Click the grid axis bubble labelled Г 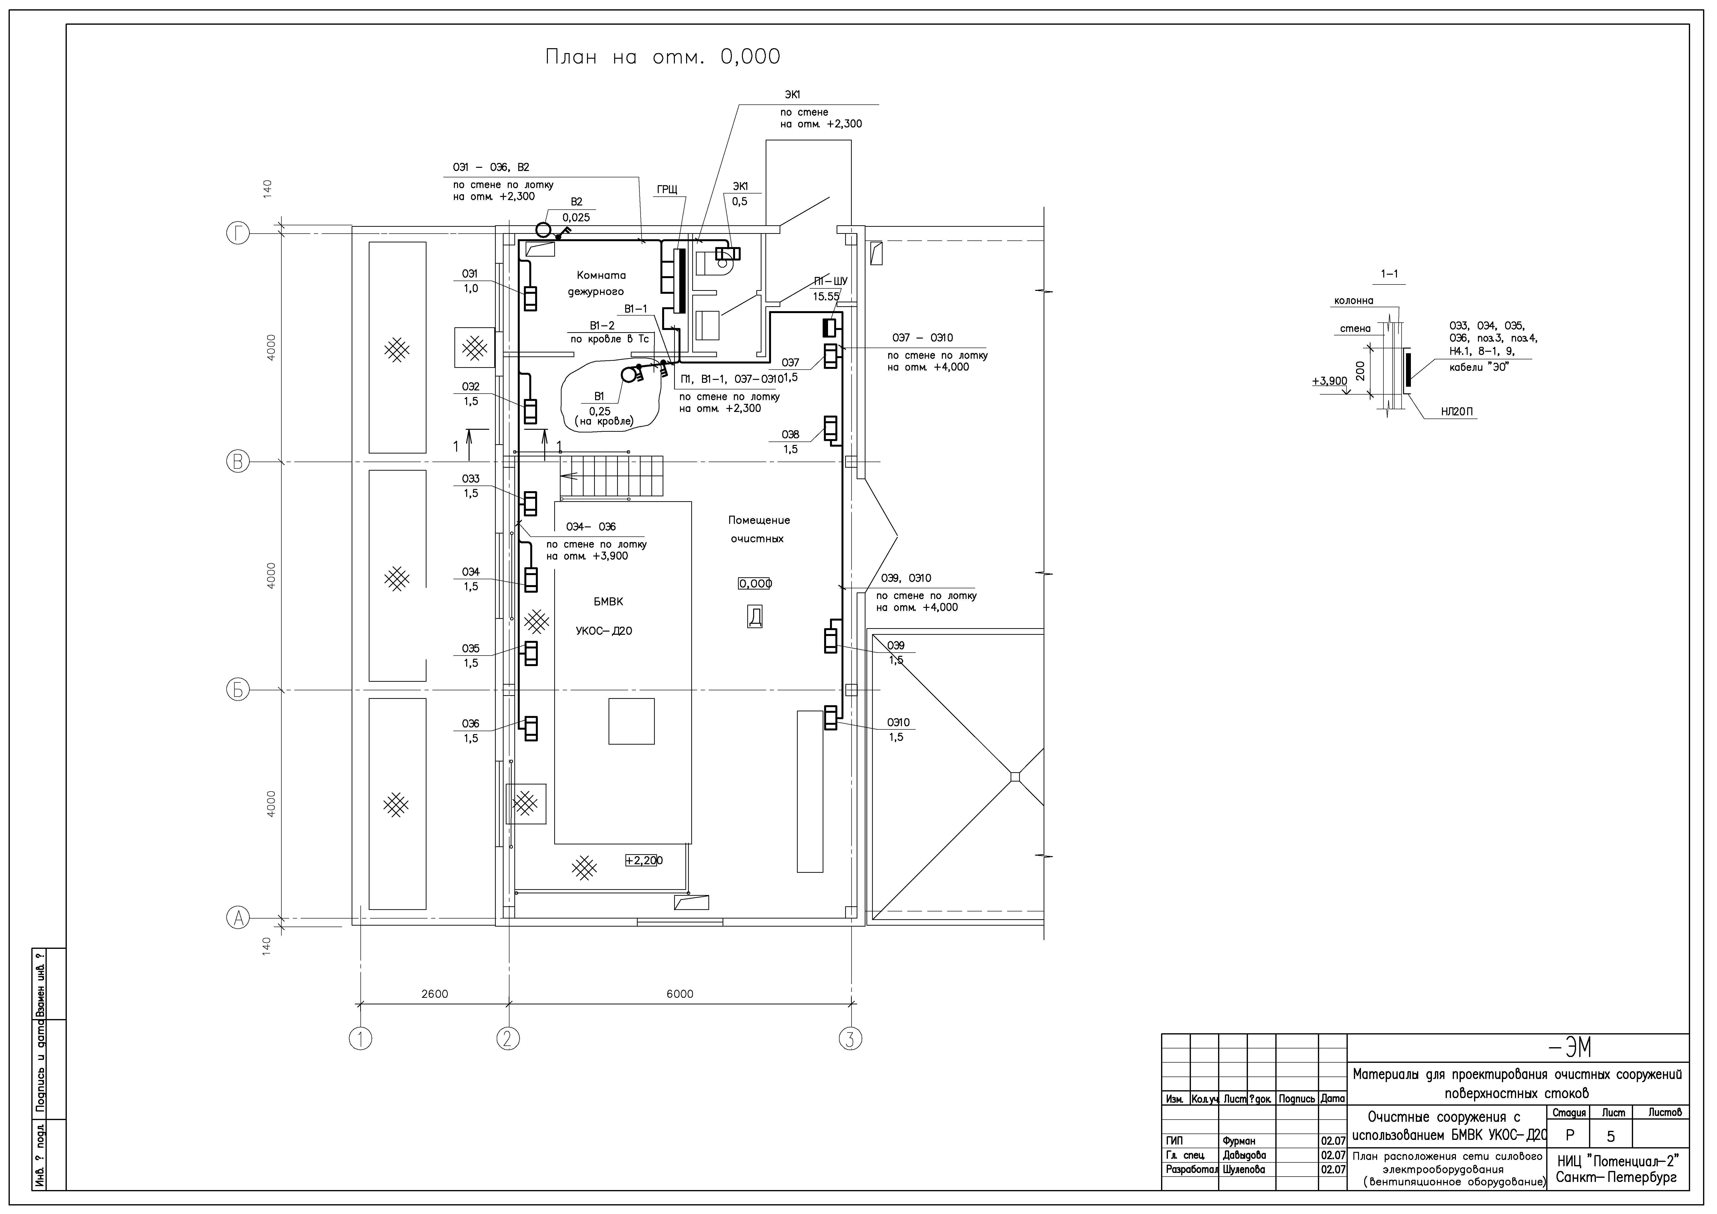pyautogui.click(x=238, y=234)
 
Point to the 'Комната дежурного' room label pyautogui.click(x=596, y=283)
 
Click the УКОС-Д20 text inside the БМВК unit pyautogui.click(x=603, y=631)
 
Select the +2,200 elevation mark pyautogui.click(x=644, y=860)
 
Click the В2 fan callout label pyautogui.click(x=576, y=202)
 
